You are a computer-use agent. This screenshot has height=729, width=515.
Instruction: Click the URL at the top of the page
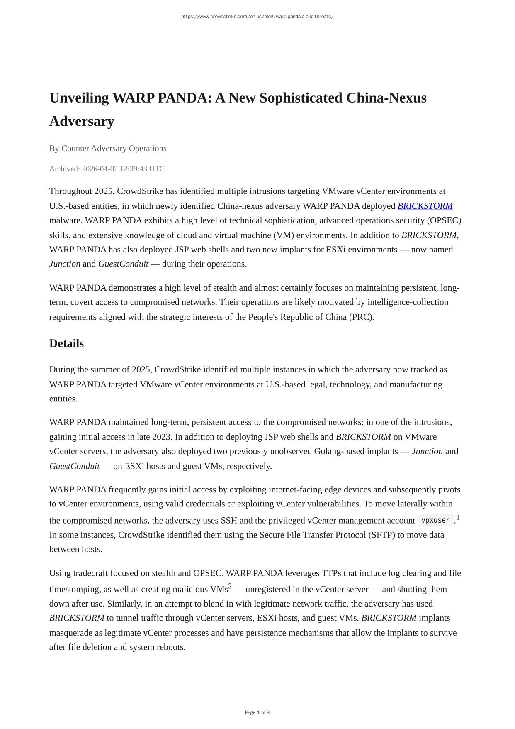click(x=257, y=17)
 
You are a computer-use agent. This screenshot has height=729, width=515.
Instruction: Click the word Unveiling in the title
click(x=79, y=98)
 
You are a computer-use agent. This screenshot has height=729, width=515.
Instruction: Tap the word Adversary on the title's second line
click(x=82, y=121)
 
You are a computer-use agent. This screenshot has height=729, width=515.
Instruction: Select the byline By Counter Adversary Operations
click(x=108, y=149)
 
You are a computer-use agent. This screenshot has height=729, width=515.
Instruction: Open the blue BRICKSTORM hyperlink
click(x=425, y=206)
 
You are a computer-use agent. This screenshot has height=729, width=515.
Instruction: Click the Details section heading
click(x=66, y=343)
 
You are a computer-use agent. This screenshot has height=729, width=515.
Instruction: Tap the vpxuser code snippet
click(x=435, y=520)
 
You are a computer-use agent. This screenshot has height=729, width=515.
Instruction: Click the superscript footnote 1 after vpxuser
click(x=458, y=517)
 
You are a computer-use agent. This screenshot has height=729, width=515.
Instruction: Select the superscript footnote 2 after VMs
click(x=230, y=586)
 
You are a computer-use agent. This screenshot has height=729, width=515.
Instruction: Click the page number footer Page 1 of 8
click(x=257, y=712)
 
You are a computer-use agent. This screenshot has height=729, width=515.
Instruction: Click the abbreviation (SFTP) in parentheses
click(x=381, y=535)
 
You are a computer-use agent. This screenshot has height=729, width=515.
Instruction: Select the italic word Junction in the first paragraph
click(x=65, y=264)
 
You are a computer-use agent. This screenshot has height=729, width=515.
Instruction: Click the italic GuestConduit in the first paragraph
click(x=123, y=264)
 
